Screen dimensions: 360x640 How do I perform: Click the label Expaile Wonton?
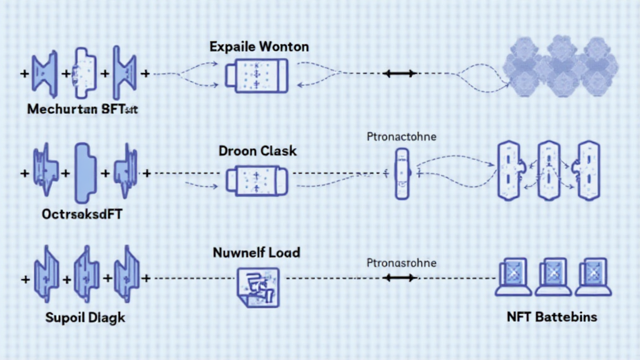(259, 47)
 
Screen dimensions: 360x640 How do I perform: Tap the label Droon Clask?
(257, 151)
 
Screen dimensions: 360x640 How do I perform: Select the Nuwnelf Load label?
(256, 253)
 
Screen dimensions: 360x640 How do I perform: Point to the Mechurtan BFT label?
(82, 110)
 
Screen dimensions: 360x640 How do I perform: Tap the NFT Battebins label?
(552, 317)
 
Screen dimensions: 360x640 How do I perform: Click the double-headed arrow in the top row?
(399, 74)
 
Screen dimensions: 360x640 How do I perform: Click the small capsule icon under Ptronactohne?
(401, 173)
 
